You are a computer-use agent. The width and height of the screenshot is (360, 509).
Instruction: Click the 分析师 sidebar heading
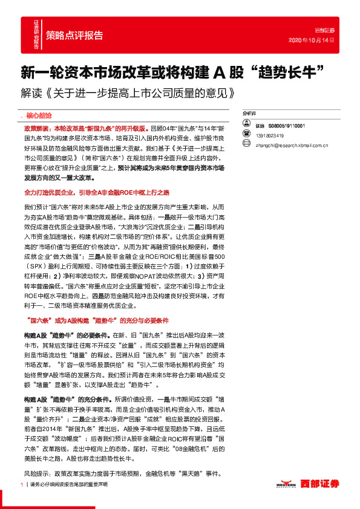coord(249,113)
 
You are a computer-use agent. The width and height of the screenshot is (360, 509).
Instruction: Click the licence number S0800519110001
coord(286,126)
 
